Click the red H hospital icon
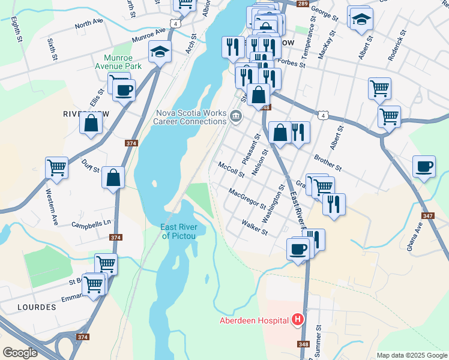(x=297, y=320)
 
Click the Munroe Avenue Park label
(x=118, y=61)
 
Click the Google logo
(x=20, y=353)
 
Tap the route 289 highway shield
(x=302, y=4)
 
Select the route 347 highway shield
(x=427, y=215)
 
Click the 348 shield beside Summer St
(x=304, y=344)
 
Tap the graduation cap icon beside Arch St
(x=160, y=52)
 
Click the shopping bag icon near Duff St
(x=113, y=178)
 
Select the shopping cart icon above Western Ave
(x=56, y=168)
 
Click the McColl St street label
(x=231, y=170)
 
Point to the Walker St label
(x=254, y=227)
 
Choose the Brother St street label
(x=327, y=160)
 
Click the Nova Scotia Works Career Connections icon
(x=236, y=116)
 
